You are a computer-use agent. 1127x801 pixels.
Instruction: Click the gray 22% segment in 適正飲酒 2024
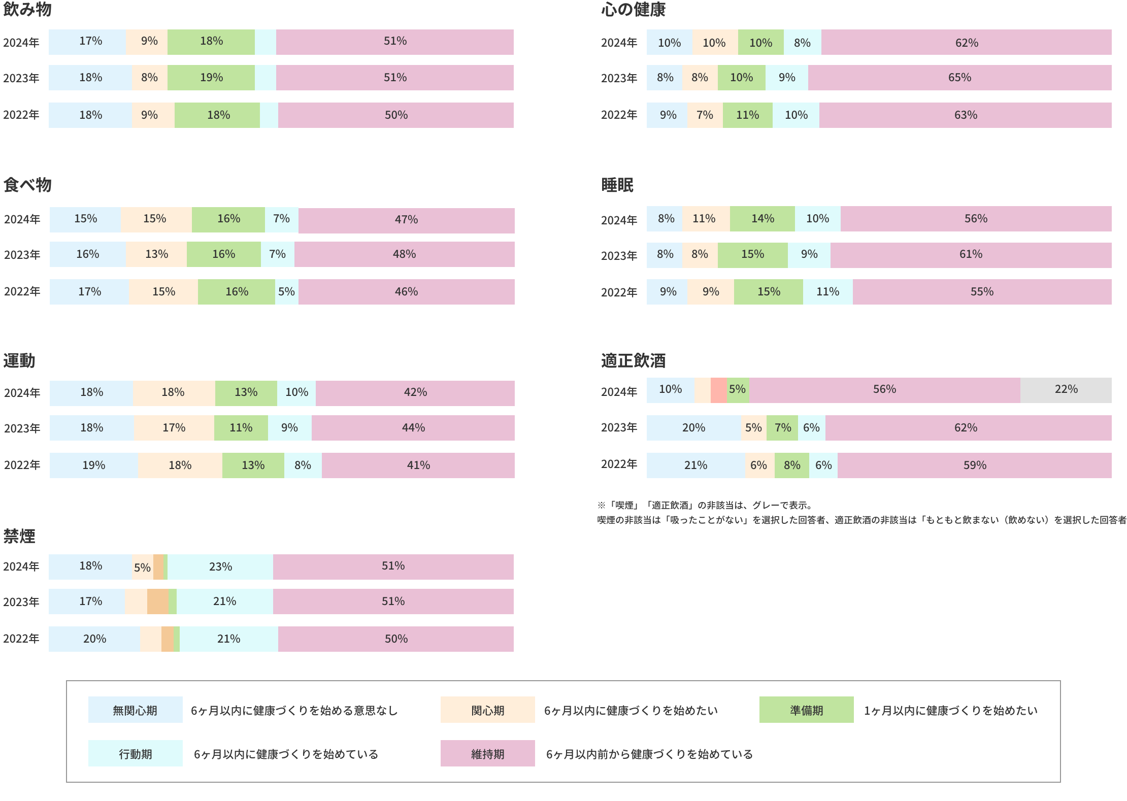[1066, 390]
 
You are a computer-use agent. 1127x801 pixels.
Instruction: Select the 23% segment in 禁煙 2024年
[220, 566]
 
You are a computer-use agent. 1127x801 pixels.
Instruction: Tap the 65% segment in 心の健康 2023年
[959, 78]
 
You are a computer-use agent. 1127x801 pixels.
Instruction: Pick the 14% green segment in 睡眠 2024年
[762, 219]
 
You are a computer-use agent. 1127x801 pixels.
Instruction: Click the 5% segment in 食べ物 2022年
[286, 292]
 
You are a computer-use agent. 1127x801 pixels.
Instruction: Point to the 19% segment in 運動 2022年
[93, 465]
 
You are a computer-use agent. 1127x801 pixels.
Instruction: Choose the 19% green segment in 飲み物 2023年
[211, 78]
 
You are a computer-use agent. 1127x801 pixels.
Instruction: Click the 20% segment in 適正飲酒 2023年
[693, 428]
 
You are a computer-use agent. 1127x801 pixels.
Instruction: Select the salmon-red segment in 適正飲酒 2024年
[718, 390]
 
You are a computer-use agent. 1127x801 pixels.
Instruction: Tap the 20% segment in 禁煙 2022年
[94, 639]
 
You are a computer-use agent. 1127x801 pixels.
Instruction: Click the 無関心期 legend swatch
[135, 710]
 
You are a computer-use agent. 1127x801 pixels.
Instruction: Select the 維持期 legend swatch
[487, 753]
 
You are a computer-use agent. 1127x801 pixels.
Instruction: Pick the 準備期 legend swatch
[806, 710]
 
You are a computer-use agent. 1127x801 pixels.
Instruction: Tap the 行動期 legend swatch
[135, 753]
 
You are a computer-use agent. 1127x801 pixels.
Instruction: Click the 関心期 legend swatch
[487, 710]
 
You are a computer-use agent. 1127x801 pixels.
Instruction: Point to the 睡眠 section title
[617, 185]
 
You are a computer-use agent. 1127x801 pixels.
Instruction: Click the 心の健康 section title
[633, 10]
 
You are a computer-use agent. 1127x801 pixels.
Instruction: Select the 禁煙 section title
[19, 536]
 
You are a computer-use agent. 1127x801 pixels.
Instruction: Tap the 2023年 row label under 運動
[22, 428]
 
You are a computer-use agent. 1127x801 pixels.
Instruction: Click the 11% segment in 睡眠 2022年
[827, 292]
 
